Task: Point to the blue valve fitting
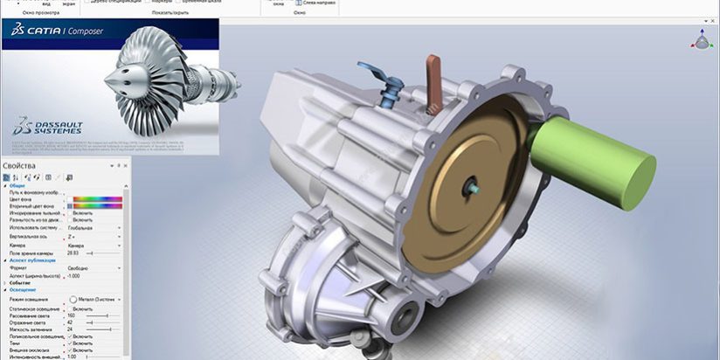[391, 87]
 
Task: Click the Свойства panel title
[19, 165]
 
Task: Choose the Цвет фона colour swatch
[96, 198]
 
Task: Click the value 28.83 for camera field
[74, 252]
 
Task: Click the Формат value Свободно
[80, 268]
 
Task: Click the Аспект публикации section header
[33, 260]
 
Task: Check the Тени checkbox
[69, 343]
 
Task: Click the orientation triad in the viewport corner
[702, 38]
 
